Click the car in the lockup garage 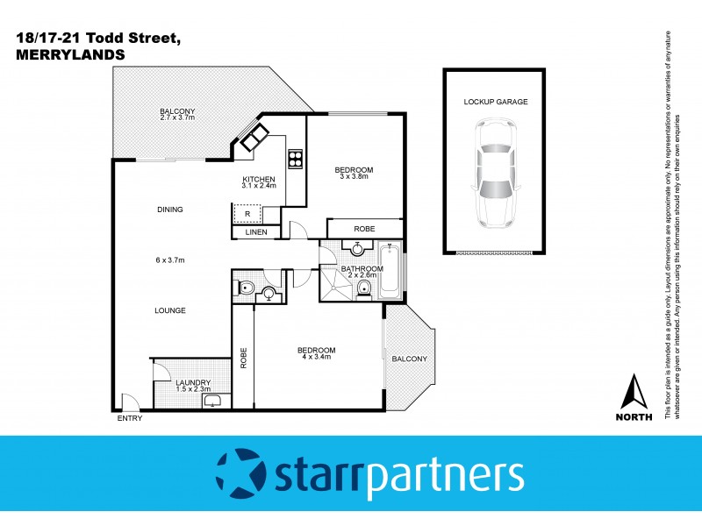(x=496, y=174)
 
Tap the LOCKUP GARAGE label (x=496, y=102)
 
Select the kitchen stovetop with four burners (x=296, y=160)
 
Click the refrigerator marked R (x=248, y=213)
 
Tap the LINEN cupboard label (x=255, y=232)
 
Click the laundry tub (x=214, y=402)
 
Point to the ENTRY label (x=129, y=419)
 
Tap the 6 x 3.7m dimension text (x=170, y=259)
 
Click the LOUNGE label (x=170, y=310)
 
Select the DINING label (x=170, y=210)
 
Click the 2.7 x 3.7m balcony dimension (x=176, y=117)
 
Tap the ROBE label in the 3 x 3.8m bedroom (x=363, y=228)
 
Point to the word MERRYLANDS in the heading (x=70, y=53)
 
